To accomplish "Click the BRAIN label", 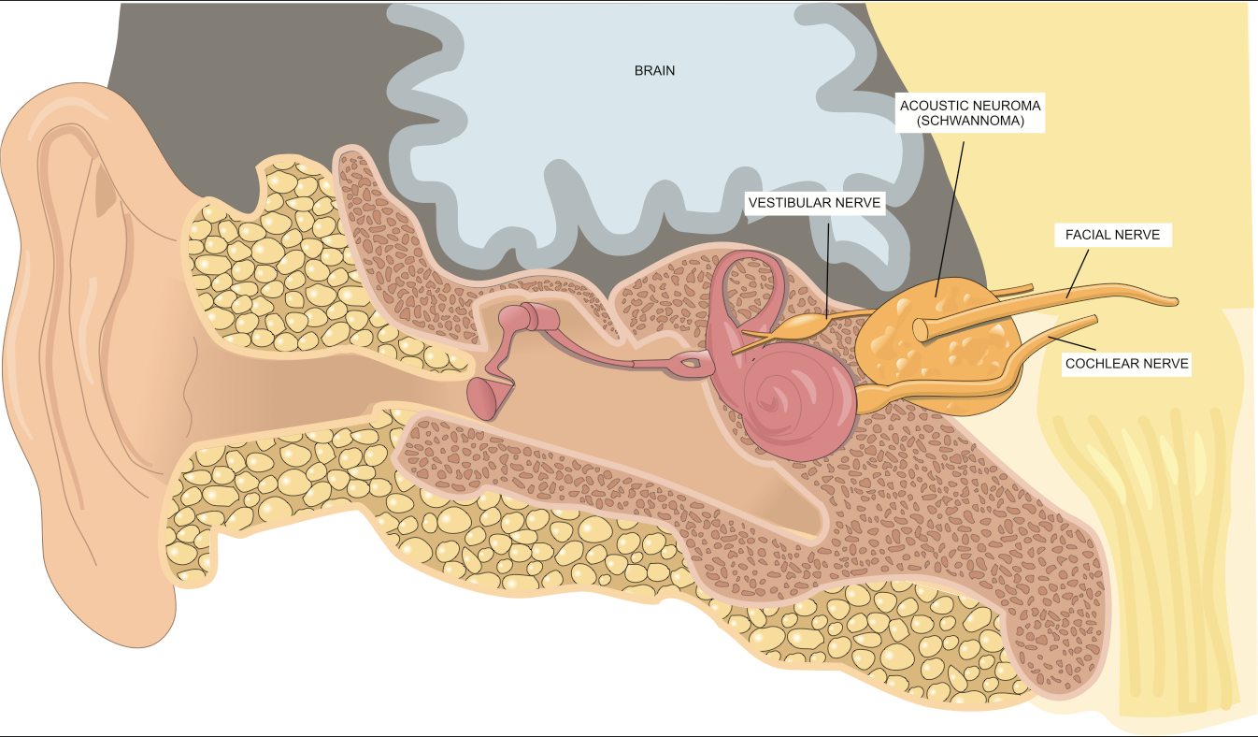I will click(654, 70).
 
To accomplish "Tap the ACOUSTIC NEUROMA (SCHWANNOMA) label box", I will click(970, 113).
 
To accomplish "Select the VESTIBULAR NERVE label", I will click(815, 202).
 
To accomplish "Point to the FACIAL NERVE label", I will click(1112, 235).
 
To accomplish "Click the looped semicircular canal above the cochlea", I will click(748, 281).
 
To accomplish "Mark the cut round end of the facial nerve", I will click(922, 329).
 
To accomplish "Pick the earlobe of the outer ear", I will click(140, 608).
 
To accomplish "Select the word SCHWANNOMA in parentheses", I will click(970, 123).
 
